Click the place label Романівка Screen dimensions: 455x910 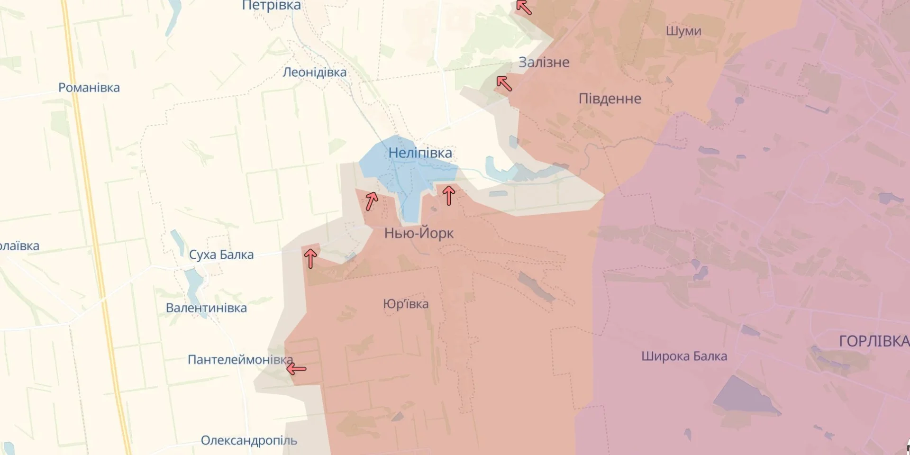pos(89,88)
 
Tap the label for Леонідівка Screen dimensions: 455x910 pos(314,73)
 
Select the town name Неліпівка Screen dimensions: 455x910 pos(420,153)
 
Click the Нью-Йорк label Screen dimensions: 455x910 pos(419,233)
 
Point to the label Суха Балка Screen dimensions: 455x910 pos(221,255)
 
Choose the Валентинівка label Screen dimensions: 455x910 pos(206,308)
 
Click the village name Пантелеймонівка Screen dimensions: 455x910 pos(240,360)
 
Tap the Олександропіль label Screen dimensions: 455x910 pos(249,440)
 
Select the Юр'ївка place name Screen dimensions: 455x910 pos(406,304)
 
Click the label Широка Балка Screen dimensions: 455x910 pos(684,356)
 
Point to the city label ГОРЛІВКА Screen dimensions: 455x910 pos(874,341)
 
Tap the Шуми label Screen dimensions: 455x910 pos(683,31)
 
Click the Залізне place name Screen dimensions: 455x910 pos(544,62)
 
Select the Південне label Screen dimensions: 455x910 pos(610,99)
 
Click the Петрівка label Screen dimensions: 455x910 pos(271,6)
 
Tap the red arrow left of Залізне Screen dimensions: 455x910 pos(504,84)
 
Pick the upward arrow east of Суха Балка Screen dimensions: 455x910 pos(310,259)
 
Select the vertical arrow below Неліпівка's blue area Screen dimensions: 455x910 pos(448,195)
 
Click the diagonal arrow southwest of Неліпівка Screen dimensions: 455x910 pos(371,201)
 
